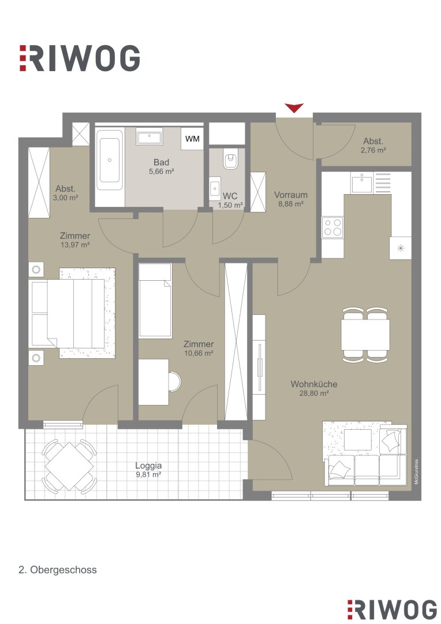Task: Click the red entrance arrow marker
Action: click(294, 108)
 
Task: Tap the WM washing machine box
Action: click(192, 139)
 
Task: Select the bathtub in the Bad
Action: click(110, 160)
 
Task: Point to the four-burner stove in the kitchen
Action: click(332, 227)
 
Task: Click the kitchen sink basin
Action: click(362, 184)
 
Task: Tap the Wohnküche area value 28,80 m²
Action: click(314, 393)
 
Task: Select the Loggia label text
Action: click(148, 466)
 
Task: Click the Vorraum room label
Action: click(291, 195)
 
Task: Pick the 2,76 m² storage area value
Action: click(373, 150)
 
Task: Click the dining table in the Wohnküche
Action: click(365, 335)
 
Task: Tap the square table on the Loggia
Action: click(69, 466)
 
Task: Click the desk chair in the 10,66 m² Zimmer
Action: click(174, 381)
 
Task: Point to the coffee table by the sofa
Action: click(357, 439)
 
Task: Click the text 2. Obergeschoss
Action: click(58, 570)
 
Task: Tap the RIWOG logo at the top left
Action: click(80, 58)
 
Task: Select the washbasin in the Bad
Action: click(149, 136)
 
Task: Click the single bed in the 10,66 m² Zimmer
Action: click(155, 300)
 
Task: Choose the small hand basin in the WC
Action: click(215, 187)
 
